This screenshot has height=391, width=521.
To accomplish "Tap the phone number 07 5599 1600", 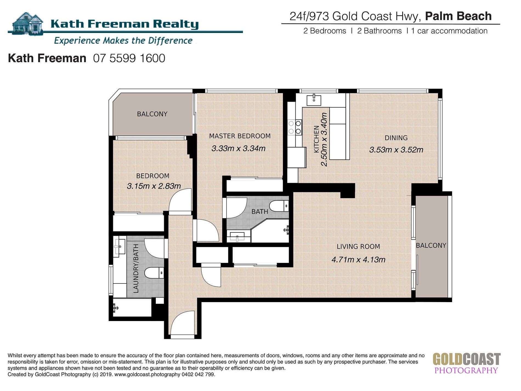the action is (129, 58).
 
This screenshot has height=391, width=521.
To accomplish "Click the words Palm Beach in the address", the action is (458, 16).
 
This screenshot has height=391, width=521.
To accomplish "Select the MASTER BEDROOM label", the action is (240, 136).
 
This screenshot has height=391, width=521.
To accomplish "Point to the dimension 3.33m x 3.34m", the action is (239, 148).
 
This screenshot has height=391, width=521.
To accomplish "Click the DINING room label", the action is (396, 138).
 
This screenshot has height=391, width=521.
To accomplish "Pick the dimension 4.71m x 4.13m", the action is (358, 260).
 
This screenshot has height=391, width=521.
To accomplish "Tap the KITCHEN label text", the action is (316, 139).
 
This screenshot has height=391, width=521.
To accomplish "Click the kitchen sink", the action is (314, 100).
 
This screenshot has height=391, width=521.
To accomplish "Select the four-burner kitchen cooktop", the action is (295, 127).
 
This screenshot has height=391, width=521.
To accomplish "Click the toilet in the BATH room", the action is (279, 206).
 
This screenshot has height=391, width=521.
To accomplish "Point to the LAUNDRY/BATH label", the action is (136, 269).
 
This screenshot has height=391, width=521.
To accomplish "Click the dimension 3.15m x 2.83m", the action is (154, 186).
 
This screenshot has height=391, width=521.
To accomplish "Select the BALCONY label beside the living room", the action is (431, 245).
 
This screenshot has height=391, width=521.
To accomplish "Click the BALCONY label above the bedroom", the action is (152, 114).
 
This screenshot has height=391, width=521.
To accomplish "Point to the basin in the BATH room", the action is (237, 236).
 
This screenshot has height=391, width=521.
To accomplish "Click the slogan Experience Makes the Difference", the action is (123, 41).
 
